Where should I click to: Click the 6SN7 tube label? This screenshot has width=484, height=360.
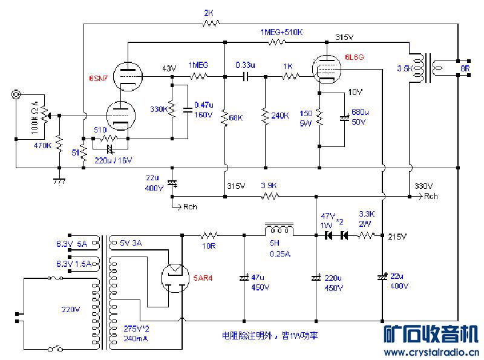pyautogui.click(x=98, y=79)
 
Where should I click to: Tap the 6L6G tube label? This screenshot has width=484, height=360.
pyautogui.click(x=354, y=57)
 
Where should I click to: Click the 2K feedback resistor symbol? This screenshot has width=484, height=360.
pyautogui.click(x=210, y=24)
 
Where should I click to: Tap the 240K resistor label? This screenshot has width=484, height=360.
pyautogui.click(x=280, y=115)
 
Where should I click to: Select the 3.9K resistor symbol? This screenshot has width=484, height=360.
pyautogui.click(x=269, y=196)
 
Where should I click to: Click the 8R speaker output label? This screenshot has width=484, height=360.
pyautogui.click(x=465, y=69)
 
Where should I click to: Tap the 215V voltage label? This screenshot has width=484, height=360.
pyautogui.click(x=397, y=236)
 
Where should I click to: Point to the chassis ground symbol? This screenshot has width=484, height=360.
pyautogui.click(x=59, y=180)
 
